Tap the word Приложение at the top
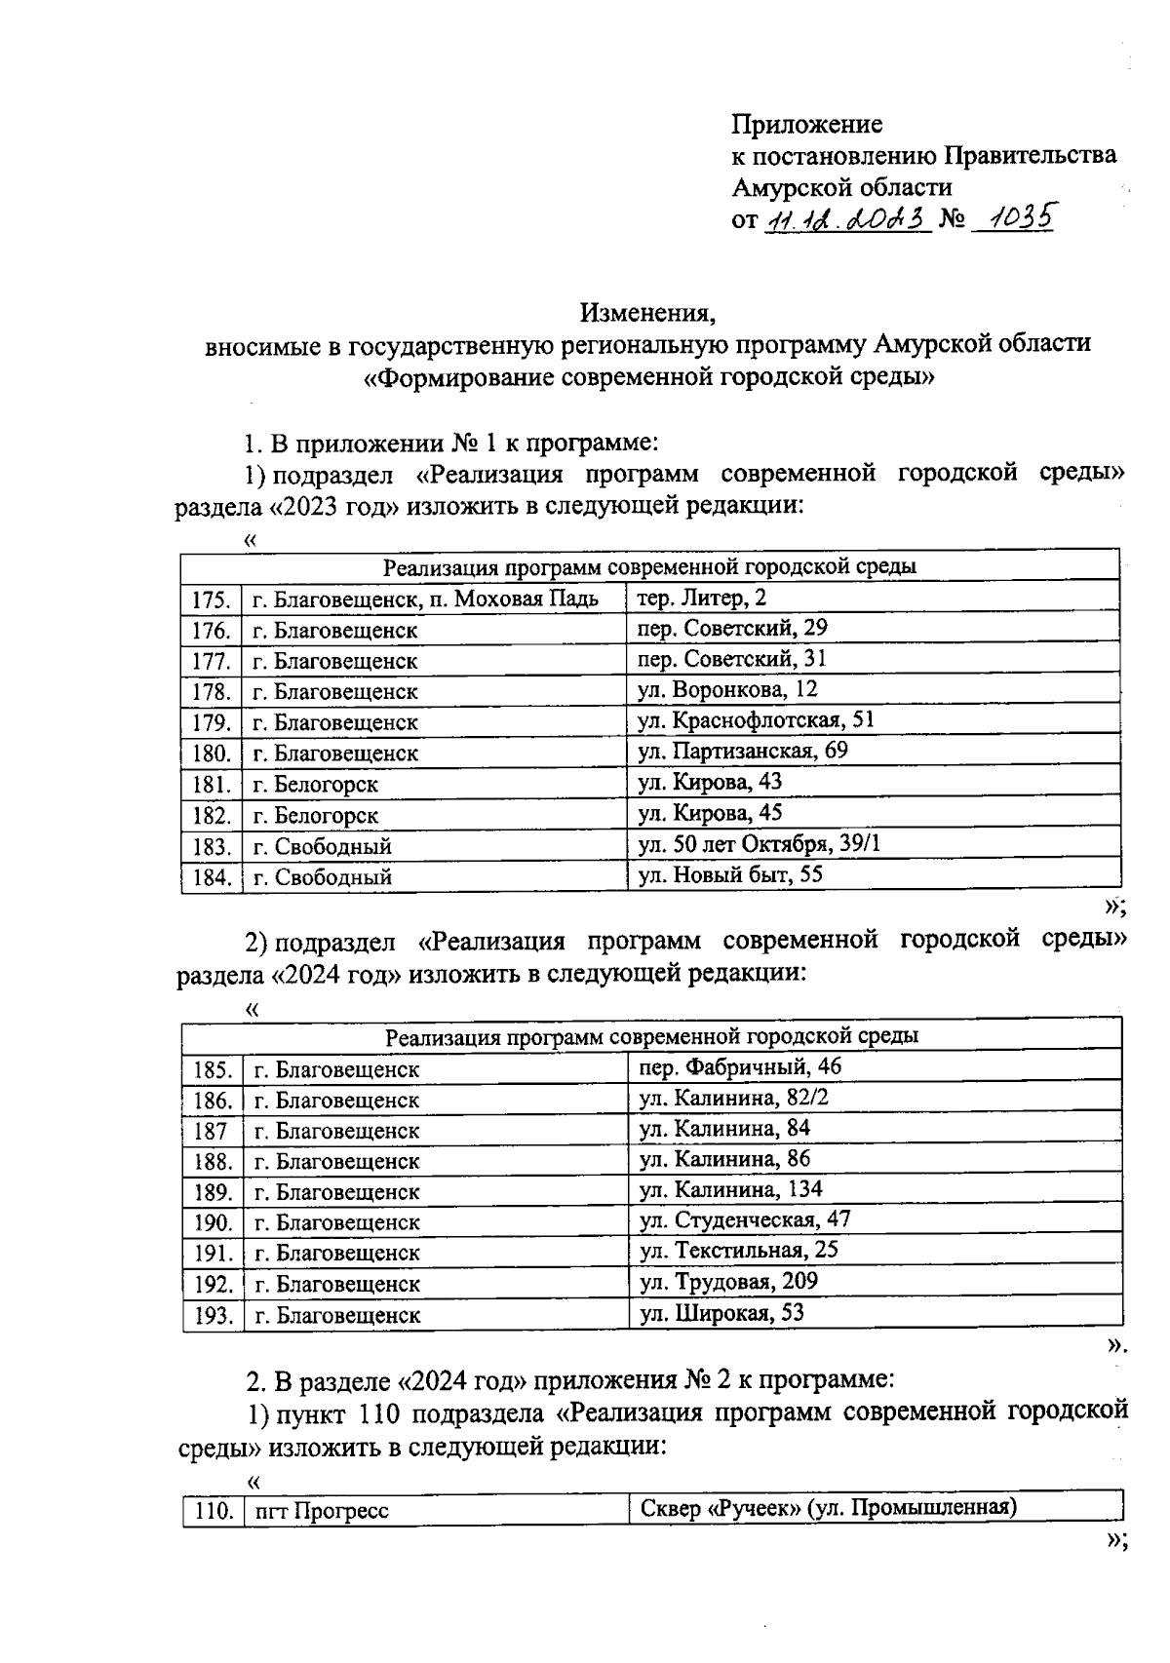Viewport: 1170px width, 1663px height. (x=807, y=124)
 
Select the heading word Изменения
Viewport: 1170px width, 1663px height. (x=648, y=313)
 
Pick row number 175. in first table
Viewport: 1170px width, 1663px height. (x=211, y=599)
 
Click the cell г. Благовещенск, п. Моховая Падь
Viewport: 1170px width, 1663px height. (x=425, y=599)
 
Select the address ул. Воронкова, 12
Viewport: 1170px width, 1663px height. (x=727, y=690)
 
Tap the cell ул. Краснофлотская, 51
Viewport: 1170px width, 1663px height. (x=756, y=720)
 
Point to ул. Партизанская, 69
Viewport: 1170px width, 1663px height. (x=743, y=751)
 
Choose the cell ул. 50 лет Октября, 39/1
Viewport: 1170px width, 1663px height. (x=759, y=843)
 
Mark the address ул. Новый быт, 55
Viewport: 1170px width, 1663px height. (x=730, y=874)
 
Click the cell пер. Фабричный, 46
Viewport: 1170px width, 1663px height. (x=740, y=1067)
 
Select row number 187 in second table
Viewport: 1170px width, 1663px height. (x=211, y=1131)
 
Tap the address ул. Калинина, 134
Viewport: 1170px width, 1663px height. (x=731, y=1189)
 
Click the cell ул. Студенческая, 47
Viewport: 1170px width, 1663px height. (x=745, y=1220)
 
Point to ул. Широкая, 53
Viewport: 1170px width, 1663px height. (x=721, y=1313)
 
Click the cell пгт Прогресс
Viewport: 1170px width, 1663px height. (x=322, y=1511)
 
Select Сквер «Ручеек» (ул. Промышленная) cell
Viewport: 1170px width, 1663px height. (x=829, y=1509)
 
